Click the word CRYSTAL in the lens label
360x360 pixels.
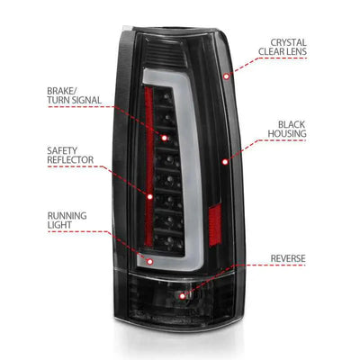pyautogui.click(x=288, y=42)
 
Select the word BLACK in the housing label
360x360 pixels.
pyautogui.click(x=292, y=124)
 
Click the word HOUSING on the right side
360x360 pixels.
pyautogui.click(x=287, y=133)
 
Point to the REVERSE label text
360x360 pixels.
pyautogui.click(x=288, y=258)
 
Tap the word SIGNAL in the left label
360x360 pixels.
pyautogui.click(x=86, y=100)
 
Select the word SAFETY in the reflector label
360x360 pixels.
pyautogui.click(x=62, y=150)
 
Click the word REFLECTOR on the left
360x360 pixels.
pyautogui.click(x=70, y=159)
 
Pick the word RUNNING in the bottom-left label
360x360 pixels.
pyautogui.click(x=67, y=216)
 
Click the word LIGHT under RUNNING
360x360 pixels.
pyautogui.click(x=59, y=225)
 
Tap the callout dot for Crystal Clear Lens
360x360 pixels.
pyautogui.click(x=227, y=76)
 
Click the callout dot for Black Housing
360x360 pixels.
pyautogui.click(x=225, y=162)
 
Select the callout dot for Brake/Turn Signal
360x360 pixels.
pyautogui.click(x=164, y=138)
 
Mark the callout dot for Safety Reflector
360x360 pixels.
pyautogui.click(x=150, y=197)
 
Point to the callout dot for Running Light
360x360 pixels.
pyautogui.click(x=150, y=262)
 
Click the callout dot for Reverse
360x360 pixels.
pyautogui.click(x=183, y=296)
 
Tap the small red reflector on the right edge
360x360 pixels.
pyautogui.click(x=215, y=224)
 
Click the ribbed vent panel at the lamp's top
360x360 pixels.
pyautogui.click(x=165, y=52)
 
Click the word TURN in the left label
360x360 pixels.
pyautogui.click(x=58, y=100)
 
